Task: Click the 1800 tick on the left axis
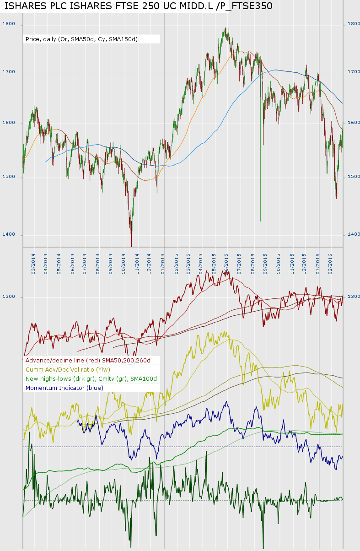click(x=8, y=24)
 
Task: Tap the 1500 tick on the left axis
click(x=8, y=177)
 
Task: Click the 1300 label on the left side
click(x=8, y=297)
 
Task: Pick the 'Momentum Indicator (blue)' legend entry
click(x=64, y=388)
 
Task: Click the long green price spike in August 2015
click(x=260, y=183)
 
